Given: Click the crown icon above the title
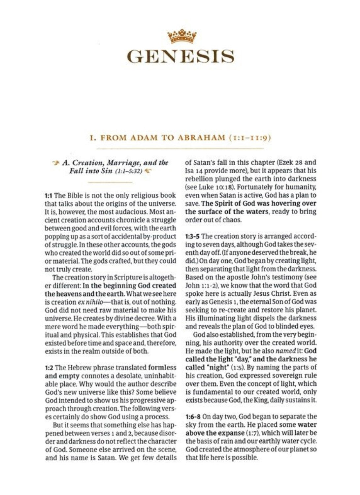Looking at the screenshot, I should [182, 36].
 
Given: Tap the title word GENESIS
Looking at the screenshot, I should [181, 56].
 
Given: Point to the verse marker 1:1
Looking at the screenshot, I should [49, 196].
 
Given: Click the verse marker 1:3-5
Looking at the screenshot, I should [192, 236].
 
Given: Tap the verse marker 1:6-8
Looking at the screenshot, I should [193, 416].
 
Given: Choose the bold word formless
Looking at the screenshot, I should [162, 368].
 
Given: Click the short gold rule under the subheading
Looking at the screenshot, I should [111, 182].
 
